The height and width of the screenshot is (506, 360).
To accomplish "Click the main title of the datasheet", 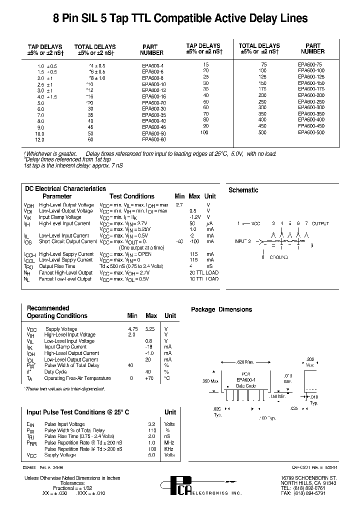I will coord(180,18).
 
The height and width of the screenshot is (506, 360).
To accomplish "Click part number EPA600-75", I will coord(310,64).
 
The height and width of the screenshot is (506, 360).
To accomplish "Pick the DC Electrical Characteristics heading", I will coord(65,188).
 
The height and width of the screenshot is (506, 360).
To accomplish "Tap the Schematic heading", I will coord(243,190).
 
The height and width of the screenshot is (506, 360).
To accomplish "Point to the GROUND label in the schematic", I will coord(279,257).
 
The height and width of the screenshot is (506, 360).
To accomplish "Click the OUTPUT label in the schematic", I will coord(320,223).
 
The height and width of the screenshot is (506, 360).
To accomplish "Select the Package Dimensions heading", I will coord(221,309).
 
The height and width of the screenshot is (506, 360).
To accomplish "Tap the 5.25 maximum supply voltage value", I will coord(150,329).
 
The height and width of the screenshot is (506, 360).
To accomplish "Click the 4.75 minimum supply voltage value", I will coord(132,329).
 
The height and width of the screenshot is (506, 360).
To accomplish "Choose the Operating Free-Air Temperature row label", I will coord(77,378).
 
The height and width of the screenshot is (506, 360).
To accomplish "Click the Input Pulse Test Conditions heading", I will coord(77,412).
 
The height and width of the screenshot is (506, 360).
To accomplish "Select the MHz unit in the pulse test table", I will coord(169,442).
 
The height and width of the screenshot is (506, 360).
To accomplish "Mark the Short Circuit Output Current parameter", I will coord(68,241).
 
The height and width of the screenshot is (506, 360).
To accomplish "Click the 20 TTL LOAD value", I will coord(204,272).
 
